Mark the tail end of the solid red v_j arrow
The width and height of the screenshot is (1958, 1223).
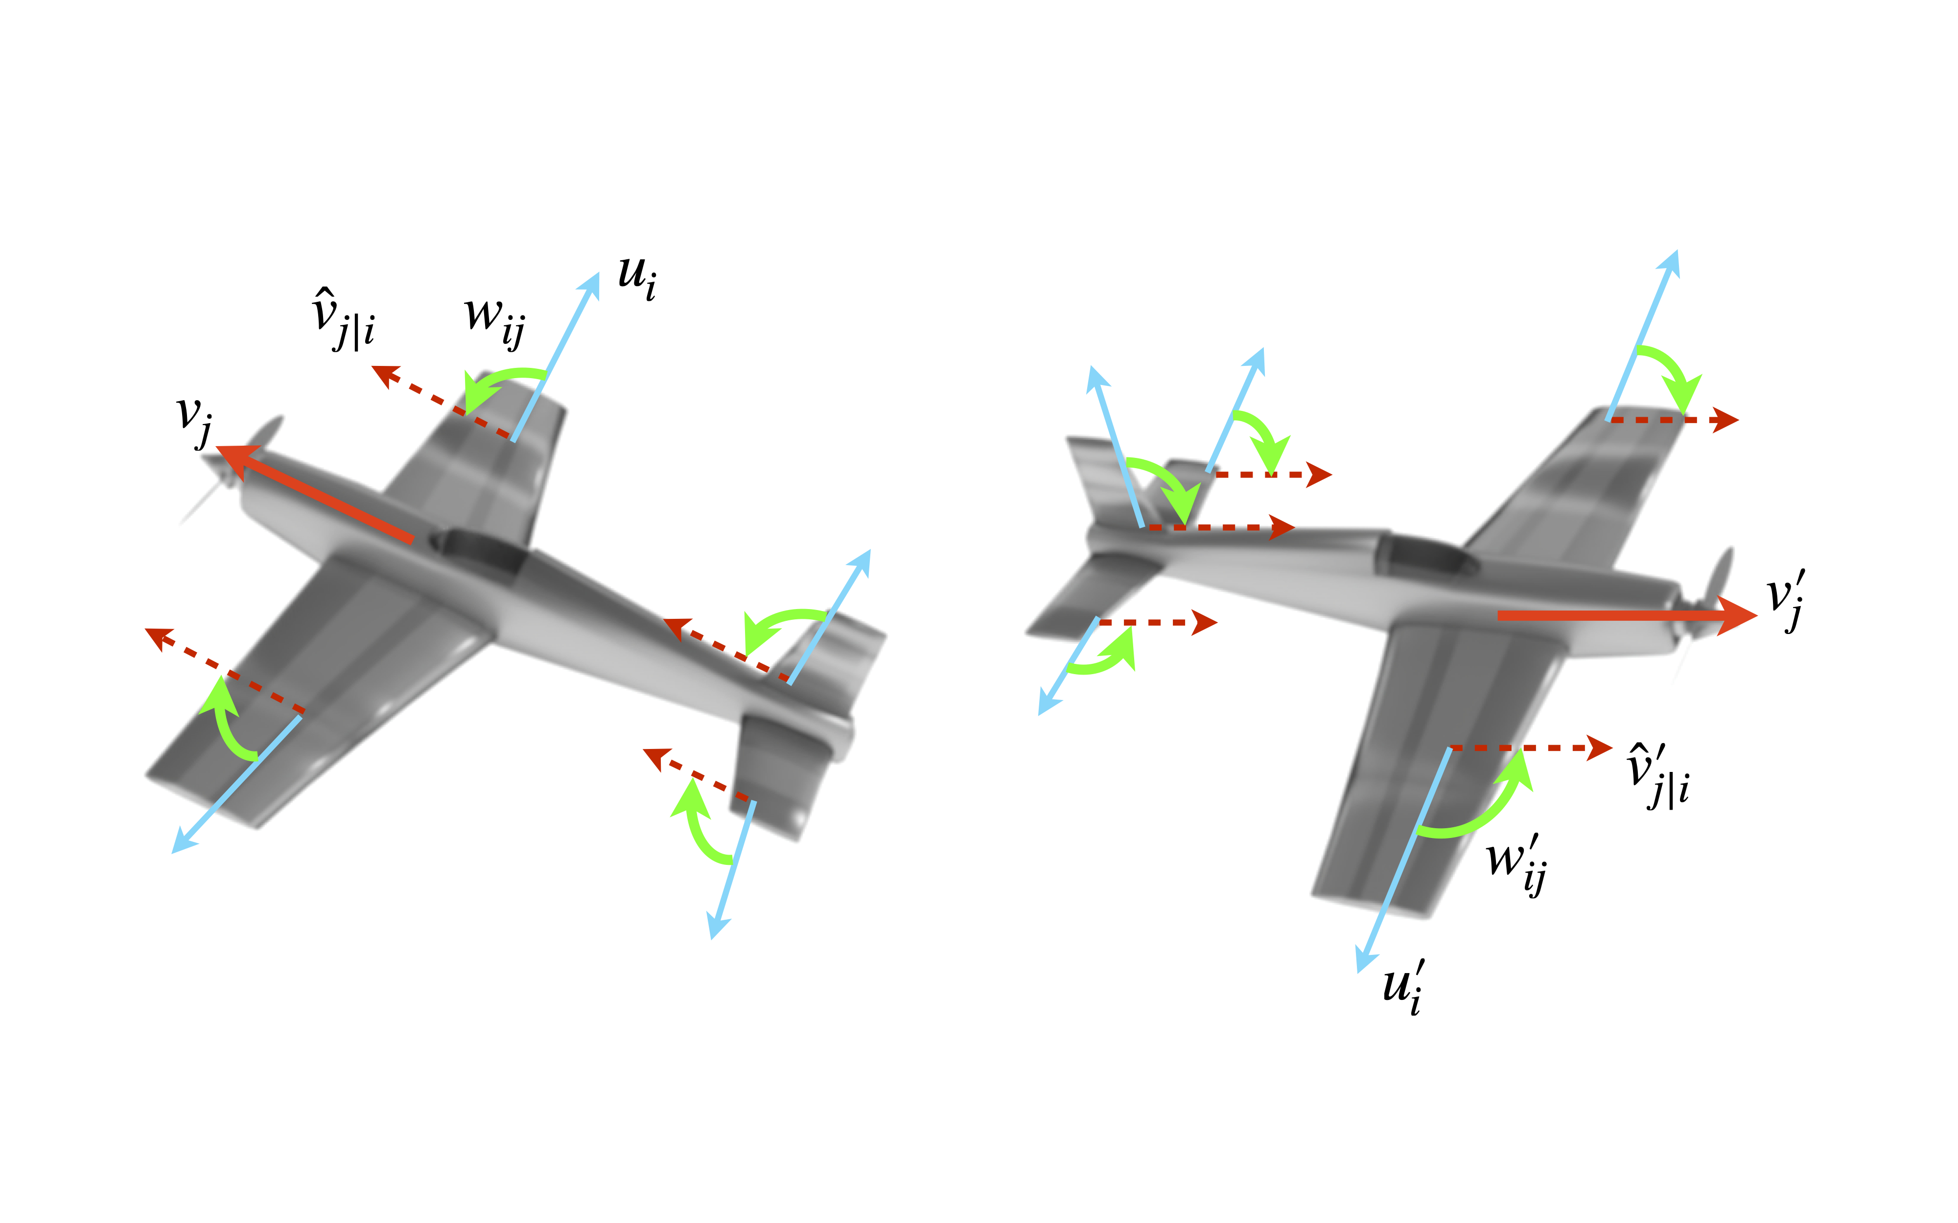(x=413, y=540)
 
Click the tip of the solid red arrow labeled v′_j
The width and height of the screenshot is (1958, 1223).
(x=1757, y=615)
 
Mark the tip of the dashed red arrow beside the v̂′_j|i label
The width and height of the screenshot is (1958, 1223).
(x=1613, y=747)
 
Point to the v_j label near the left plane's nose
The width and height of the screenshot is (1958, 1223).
(x=195, y=421)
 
